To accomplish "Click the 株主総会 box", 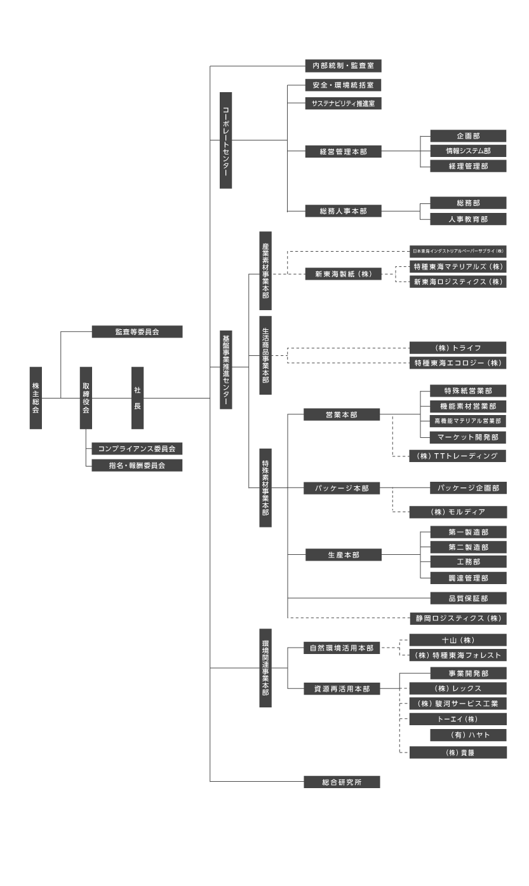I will pyautogui.click(x=36, y=398).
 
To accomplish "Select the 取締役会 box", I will pyautogui.click(x=86, y=398).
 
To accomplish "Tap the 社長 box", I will pyautogui.click(x=137, y=398).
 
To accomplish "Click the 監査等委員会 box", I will pyautogui.click(x=137, y=332).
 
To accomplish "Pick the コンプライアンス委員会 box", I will pyautogui.click(x=137, y=449).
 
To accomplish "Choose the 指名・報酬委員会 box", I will pyautogui.click(x=137, y=465).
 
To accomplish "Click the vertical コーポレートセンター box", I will pyautogui.click(x=226, y=140).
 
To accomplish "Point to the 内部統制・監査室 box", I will pyautogui.click(x=343, y=65).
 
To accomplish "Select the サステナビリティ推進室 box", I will pyautogui.click(x=343, y=103).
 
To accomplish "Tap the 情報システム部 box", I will pyautogui.click(x=468, y=151).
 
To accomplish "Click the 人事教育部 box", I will pyautogui.click(x=468, y=219).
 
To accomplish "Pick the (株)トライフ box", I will pyautogui.click(x=458, y=348).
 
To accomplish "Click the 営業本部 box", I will pyautogui.click(x=342, y=414).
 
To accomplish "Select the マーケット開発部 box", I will pyautogui.click(x=468, y=437).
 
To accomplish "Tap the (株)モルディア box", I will pyautogui.click(x=458, y=512).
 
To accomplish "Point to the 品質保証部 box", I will pyautogui.click(x=468, y=598).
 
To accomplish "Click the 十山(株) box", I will pyautogui.click(x=458, y=640).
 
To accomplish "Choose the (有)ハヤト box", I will pyautogui.click(x=468, y=735).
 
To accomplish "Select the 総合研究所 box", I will pyautogui.click(x=342, y=782).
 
